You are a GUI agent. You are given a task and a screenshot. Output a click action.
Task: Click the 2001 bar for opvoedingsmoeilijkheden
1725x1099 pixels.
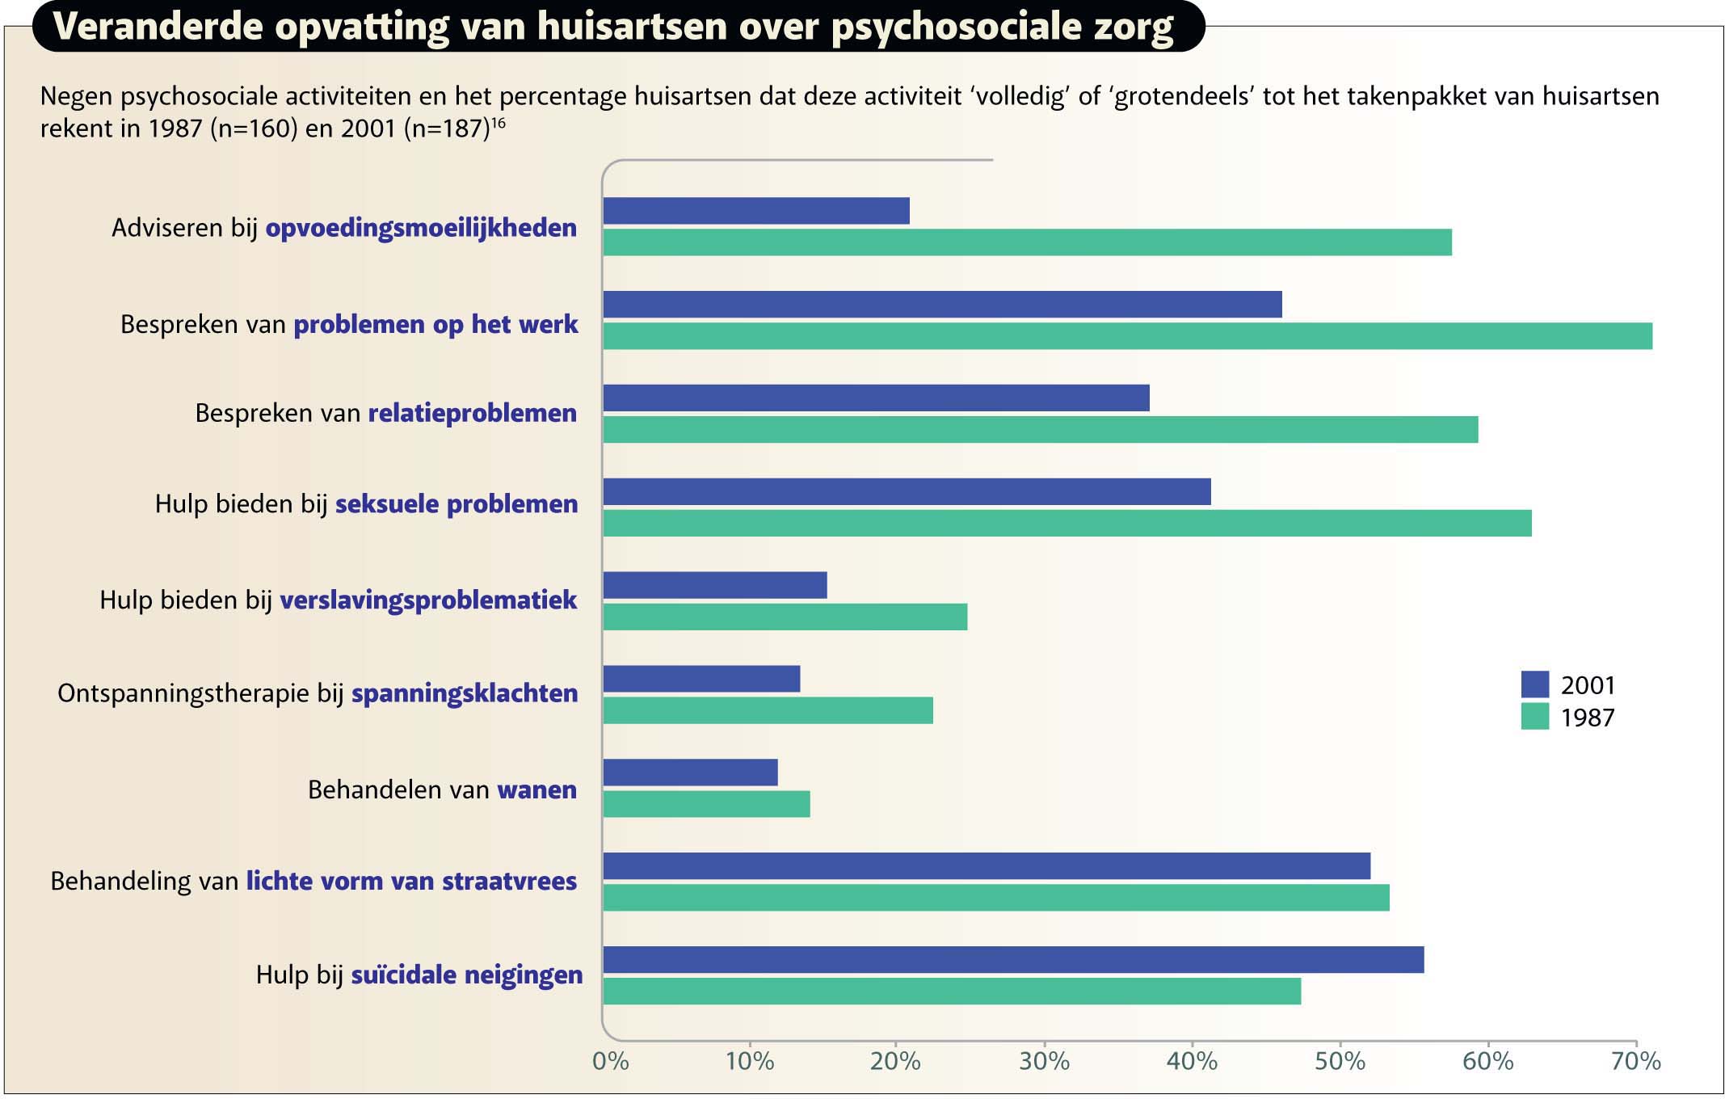pos(756,211)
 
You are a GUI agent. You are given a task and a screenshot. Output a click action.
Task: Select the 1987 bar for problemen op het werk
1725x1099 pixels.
pos(1127,336)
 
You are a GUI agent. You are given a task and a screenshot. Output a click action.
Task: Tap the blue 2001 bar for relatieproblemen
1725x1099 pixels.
pos(876,398)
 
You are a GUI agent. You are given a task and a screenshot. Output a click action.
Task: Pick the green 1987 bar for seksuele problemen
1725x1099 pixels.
pos(1067,524)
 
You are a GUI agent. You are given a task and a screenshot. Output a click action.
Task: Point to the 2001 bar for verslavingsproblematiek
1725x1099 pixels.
pos(715,586)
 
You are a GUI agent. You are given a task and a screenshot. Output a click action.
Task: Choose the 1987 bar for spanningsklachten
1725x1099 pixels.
pos(768,711)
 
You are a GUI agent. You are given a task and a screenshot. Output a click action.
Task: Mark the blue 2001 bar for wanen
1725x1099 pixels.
pos(690,773)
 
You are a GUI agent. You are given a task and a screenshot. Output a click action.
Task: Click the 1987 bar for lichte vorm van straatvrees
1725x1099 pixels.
pos(995,898)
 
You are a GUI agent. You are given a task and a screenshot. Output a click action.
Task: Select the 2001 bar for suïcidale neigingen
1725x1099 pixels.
pos(1013,960)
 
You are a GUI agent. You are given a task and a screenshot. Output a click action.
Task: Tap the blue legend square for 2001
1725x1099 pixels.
pos(1534,684)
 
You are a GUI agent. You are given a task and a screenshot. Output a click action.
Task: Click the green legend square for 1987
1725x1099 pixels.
pos(1534,717)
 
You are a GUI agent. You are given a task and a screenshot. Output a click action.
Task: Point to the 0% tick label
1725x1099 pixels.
pos(611,1061)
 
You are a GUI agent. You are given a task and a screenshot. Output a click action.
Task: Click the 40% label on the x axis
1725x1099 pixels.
pos(1192,1061)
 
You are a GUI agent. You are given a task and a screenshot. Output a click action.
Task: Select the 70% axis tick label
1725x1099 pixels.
pos(1636,1061)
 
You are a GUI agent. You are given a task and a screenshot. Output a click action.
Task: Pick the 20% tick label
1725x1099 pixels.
pos(895,1061)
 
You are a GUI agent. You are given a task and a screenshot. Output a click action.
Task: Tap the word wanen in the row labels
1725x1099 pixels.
pos(537,790)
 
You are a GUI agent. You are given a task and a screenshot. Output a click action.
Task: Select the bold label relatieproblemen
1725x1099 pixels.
pos(473,413)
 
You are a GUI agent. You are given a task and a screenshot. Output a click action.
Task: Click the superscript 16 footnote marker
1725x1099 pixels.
pos(499,122)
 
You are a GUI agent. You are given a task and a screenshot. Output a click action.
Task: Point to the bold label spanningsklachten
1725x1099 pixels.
pos(465,693)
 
